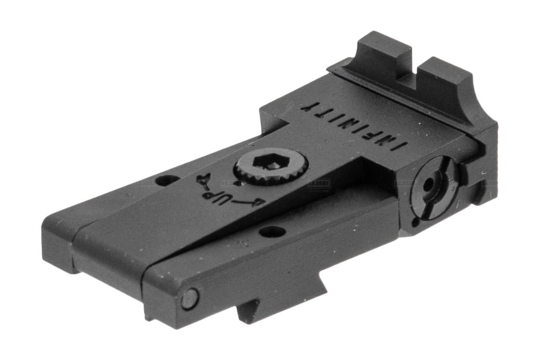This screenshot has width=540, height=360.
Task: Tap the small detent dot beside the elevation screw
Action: click(237, 183)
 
